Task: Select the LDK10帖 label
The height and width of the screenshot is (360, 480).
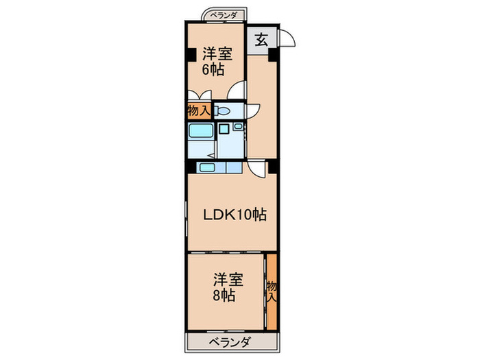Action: (x=234, y=215)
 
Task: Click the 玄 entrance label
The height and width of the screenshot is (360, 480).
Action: (x=261, y=39)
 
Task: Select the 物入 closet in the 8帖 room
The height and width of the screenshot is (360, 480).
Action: (x=272, y=291)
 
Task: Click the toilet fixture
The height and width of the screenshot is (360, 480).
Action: (x=222, y=111)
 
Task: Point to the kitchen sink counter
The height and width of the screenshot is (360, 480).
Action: (x=220, y=167)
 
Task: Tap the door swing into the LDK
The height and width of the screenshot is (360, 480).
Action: (x=256, y=167)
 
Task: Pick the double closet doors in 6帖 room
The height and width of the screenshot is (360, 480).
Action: (x=204, y=95)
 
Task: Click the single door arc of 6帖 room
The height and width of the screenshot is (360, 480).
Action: (x=237, y=89)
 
